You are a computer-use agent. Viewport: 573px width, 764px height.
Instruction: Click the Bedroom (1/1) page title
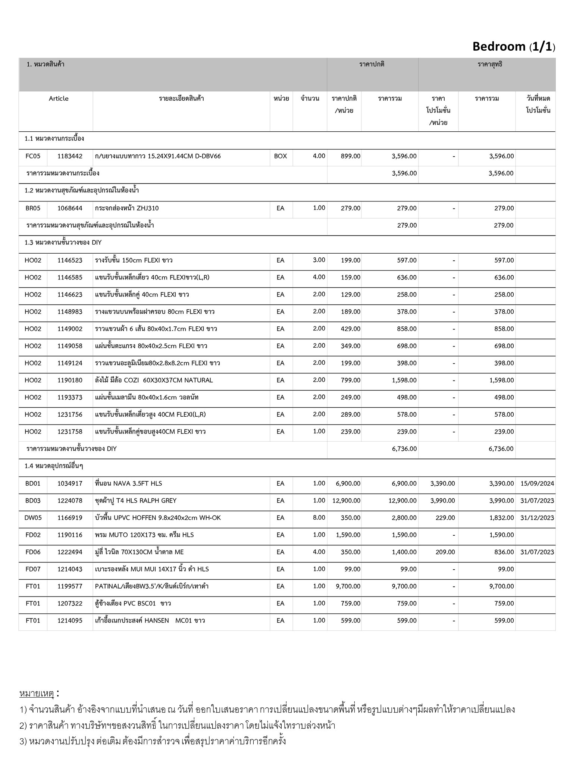(x=513, y=47)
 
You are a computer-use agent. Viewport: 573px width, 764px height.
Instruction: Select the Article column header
(x=59, y=98)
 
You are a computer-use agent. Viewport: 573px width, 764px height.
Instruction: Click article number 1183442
(x=70, y=156)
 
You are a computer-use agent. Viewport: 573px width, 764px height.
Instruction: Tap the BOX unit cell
(x=281, y=156)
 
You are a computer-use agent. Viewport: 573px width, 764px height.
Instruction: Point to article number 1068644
(x=70, y=208)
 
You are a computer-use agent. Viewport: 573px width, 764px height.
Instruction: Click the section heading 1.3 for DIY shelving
(x=63, y=242)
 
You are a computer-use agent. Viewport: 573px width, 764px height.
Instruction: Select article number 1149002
(x=70, y=329)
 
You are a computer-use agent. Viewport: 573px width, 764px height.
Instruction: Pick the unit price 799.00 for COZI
(x=350, y=381)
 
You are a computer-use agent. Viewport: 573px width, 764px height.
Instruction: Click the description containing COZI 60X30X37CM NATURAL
(x=154, y=381)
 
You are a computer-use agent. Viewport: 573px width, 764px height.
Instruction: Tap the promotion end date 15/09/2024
(x=537, y=483)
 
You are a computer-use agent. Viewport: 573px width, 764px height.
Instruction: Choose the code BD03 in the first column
(x=33, y=501)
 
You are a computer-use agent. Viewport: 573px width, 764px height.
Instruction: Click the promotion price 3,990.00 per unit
(x=442, y=501)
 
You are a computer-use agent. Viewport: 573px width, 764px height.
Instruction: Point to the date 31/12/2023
(x=537, y=518)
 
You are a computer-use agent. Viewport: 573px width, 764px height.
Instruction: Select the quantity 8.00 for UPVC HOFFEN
(x=319, y=518)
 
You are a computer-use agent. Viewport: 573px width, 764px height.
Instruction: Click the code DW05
(x=33, y=518)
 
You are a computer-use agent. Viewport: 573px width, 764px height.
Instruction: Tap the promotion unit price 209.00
(x=445, y=552)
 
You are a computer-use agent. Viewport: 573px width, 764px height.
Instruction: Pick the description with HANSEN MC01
(x=150, y=621)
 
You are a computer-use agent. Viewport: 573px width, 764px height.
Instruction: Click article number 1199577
(x=70, y=586)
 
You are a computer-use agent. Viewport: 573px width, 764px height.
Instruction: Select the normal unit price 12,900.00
(x=346, y=501)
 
